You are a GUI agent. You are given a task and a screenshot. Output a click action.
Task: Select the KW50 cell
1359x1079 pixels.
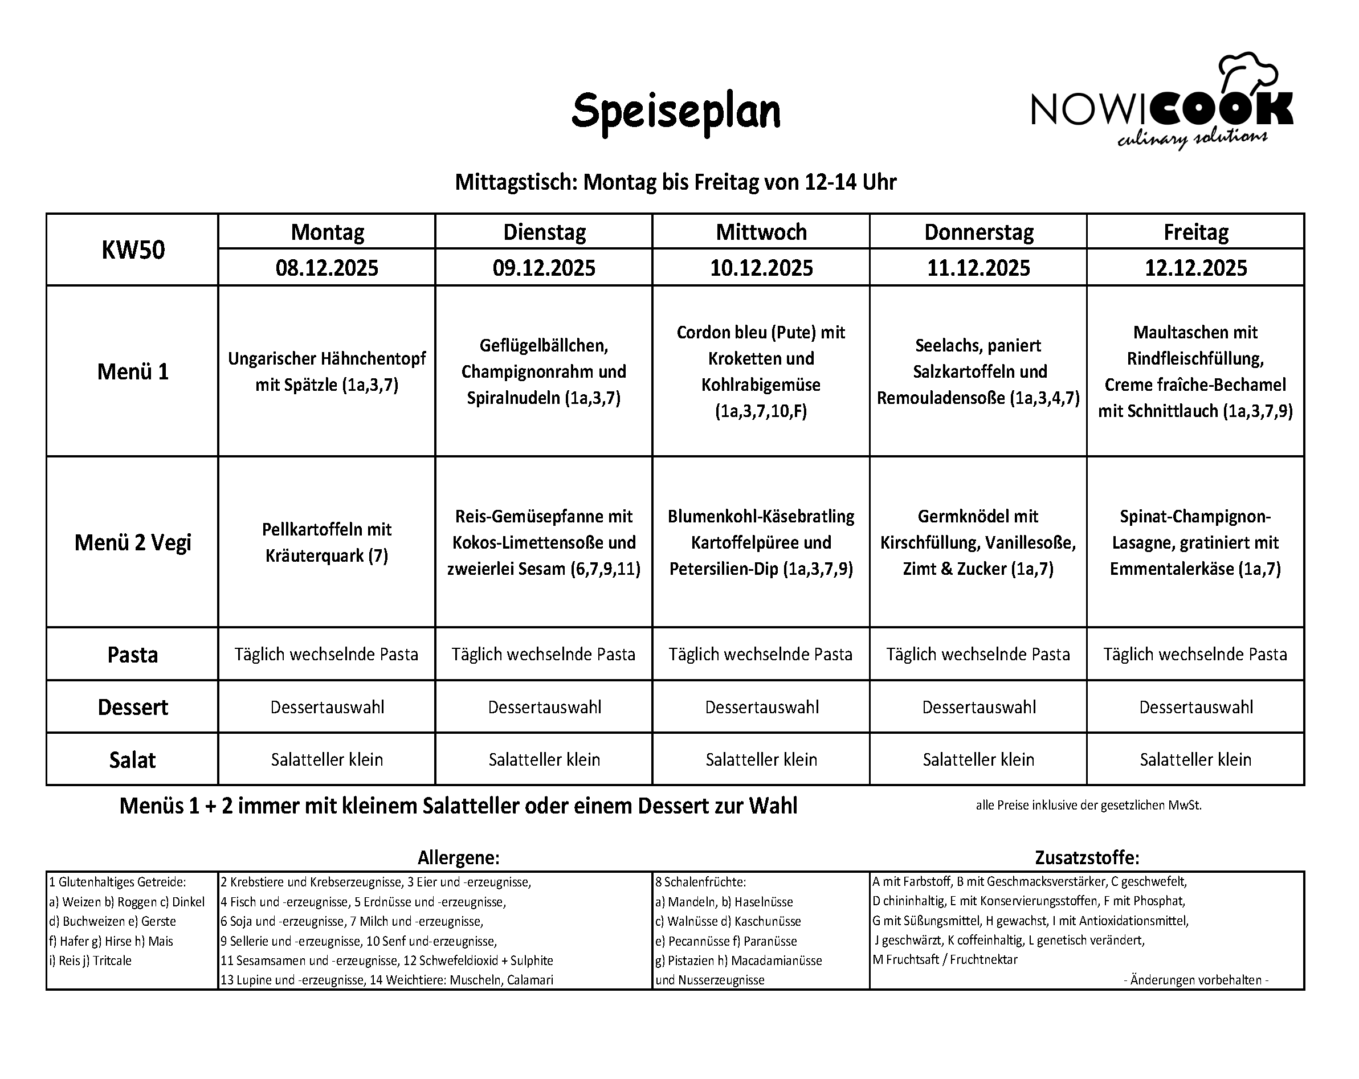click(133, 250)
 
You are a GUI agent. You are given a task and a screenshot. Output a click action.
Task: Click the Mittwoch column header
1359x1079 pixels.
click(761, 232)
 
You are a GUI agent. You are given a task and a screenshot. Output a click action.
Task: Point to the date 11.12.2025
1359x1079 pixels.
click(978, 268)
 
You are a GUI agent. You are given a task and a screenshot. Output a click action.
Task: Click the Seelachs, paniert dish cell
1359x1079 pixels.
click(978, 371)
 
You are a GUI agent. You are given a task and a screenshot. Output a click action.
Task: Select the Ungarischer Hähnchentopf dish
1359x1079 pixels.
click(327, 371)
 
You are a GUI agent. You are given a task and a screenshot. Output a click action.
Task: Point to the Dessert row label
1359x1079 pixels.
click(133, 707)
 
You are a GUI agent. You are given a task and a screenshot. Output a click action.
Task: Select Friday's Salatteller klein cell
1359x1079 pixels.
click(1195, 759)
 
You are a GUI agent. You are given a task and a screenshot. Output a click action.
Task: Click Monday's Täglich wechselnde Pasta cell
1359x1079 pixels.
click(327, 654)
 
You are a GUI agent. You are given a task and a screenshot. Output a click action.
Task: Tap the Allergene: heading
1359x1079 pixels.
click(458, 858)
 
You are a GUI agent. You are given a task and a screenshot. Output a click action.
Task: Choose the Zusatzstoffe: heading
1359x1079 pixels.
click(1087, 858)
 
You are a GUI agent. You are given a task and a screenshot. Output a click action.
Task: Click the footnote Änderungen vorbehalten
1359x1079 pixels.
click(1195, 980)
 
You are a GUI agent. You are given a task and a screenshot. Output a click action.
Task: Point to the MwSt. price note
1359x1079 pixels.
click(1088, 806)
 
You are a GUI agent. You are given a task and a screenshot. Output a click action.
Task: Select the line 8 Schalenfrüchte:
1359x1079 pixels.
click(700, 882)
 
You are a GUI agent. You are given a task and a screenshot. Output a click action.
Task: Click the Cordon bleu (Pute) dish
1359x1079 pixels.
click(761, 371)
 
